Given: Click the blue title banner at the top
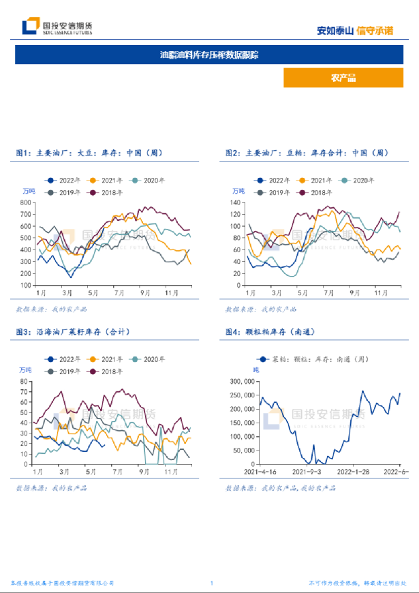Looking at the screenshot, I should (x=209, y=55).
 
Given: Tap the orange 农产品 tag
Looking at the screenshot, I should (x=343, y=78).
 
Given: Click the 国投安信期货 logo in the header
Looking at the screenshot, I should (x=57, y=28).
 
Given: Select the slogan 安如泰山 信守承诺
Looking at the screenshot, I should (x=355, y=31).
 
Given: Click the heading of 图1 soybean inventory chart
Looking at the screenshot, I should (x=89, y=153).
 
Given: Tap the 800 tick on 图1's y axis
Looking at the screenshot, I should (x=27, y=202).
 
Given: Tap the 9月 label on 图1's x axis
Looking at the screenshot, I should (x=145, y=292).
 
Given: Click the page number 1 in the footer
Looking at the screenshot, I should (x=212, y=583).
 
